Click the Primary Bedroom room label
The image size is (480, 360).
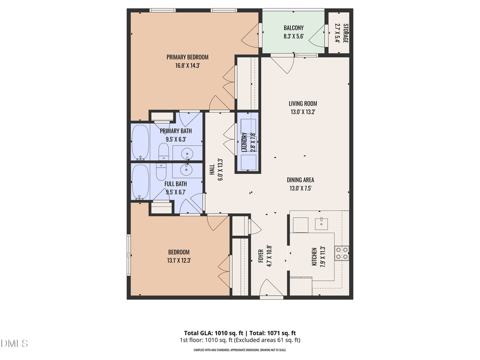[187, 57]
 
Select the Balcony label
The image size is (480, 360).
[293, 28]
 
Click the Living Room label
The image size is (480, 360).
[303, 103]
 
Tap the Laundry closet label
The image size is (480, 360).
[244, 142]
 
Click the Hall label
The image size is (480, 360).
[212, 170]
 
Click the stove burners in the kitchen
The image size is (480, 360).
[342, 253]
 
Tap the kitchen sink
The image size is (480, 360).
[322, 222]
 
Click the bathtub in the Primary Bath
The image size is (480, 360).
[140, 142]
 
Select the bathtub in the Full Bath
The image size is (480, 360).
[140, 182]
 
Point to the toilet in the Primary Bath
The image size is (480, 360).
[164, 151]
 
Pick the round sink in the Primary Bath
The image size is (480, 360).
[187, 155]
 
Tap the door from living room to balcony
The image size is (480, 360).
[283, 63]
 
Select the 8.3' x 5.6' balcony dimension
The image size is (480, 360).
[293, 36]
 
